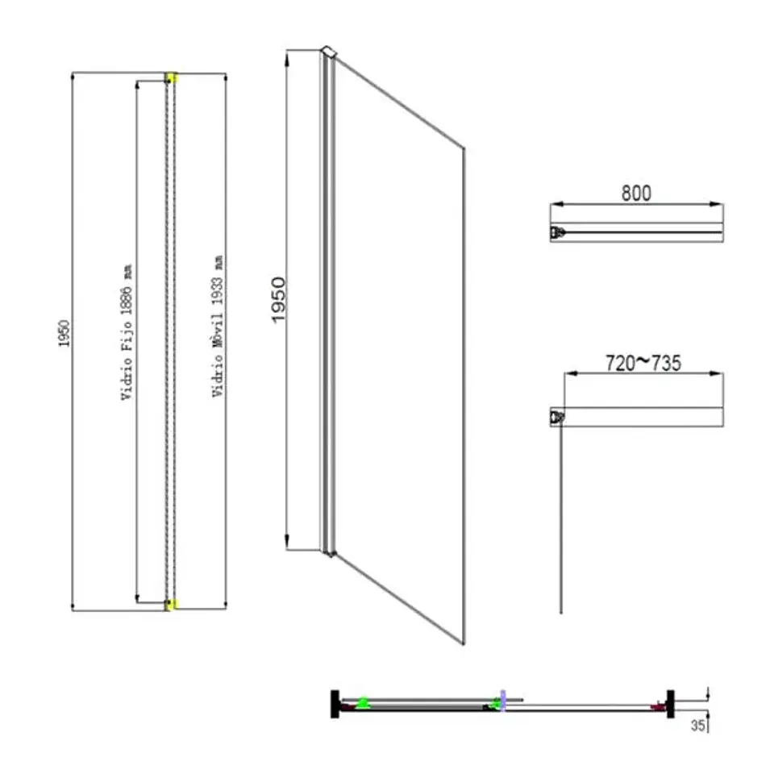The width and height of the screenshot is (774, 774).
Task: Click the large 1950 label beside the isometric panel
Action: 279,300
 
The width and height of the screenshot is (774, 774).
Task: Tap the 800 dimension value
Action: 636,193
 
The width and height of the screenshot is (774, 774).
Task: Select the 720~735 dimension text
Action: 643,363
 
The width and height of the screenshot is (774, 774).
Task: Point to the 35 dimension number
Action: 697,726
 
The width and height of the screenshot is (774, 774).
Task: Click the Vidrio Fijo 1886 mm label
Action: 127,332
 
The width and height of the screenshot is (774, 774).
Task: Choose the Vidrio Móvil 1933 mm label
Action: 218,327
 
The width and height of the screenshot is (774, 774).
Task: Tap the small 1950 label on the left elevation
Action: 64,334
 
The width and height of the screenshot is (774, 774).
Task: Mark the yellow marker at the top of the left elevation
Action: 171,77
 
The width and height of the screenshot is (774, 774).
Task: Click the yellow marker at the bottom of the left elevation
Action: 171,604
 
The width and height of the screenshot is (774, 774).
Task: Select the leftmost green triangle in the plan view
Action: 364,702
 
